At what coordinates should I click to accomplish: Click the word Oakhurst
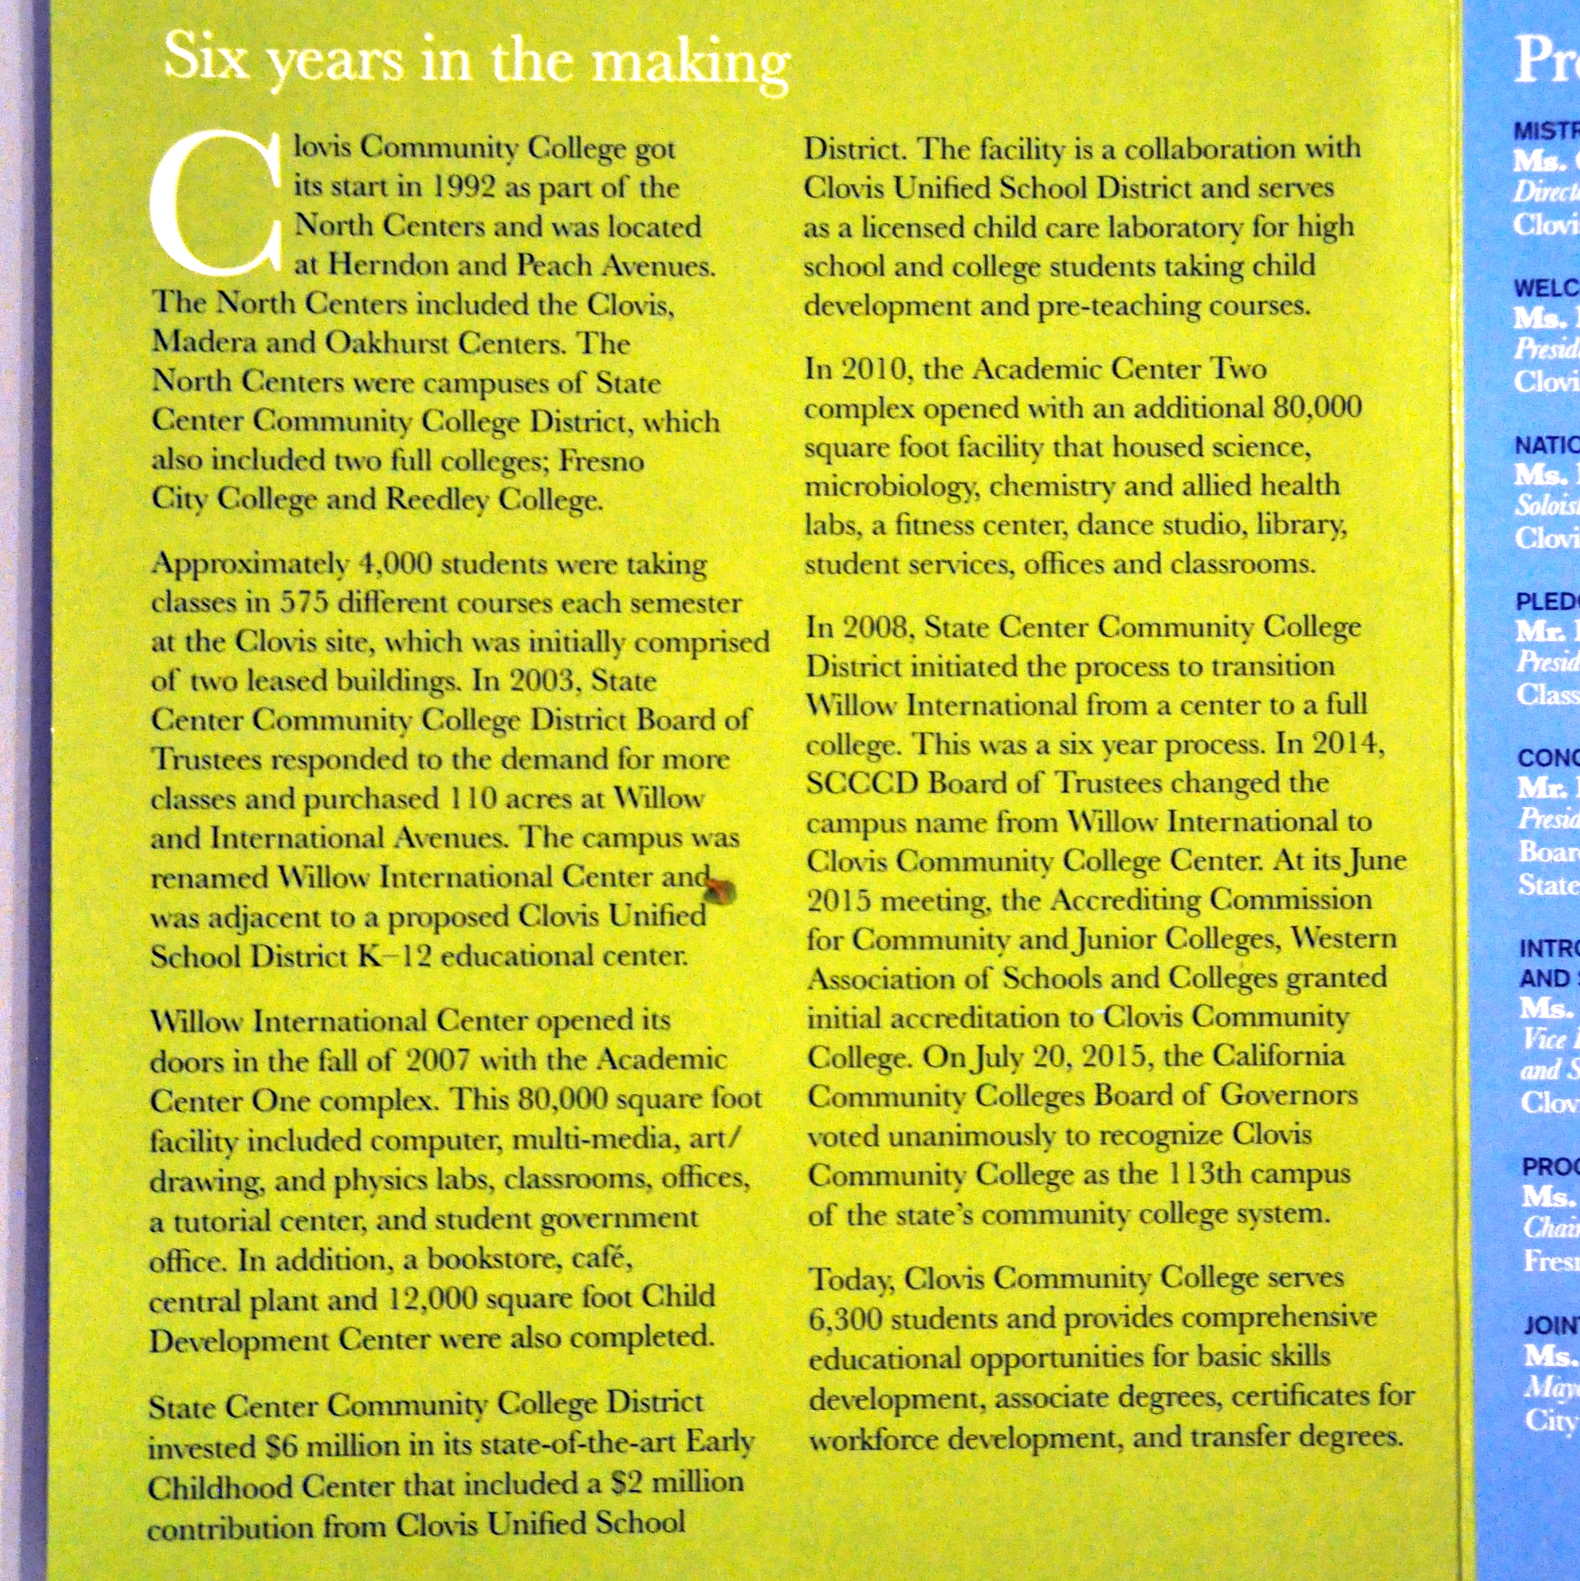point(386,343)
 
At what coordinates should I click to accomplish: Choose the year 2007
point(438,1060)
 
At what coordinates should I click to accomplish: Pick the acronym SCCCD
point(862,784)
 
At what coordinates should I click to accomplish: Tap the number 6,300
point(846,1319)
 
